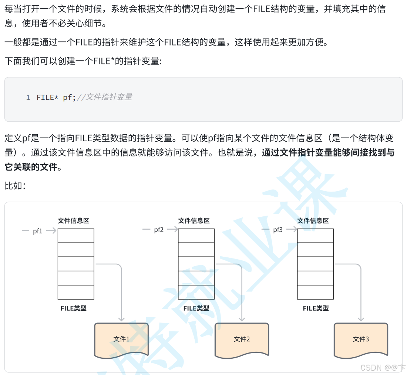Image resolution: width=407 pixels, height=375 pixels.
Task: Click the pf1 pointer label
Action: pos(38,231)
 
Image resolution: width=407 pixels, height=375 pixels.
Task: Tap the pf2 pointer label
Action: pos(159,230)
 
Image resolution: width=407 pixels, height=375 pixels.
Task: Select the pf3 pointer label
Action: pos(278,230)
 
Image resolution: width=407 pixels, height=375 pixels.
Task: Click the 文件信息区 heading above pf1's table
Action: pos(74,221)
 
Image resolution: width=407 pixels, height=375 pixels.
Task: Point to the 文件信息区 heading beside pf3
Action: pos(313,221)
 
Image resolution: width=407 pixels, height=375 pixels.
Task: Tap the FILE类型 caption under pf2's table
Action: pos(196,308)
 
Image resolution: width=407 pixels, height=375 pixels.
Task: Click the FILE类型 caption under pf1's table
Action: pos(74,308)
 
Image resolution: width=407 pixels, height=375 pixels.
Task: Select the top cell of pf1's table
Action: pos(76,236)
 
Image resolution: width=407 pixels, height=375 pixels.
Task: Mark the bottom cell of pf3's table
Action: pos(315,292)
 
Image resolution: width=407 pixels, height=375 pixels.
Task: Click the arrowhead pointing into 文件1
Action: pos(121,319)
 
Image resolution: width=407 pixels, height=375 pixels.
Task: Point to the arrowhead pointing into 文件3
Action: pos(361,319)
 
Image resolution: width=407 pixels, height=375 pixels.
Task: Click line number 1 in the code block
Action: pos(28,98)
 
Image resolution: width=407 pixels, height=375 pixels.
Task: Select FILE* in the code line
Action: pos(47,98)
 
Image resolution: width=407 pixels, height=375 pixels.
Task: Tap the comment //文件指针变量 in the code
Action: pos(104,98)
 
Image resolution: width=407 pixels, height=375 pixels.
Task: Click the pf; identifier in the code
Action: pos(69,98)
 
